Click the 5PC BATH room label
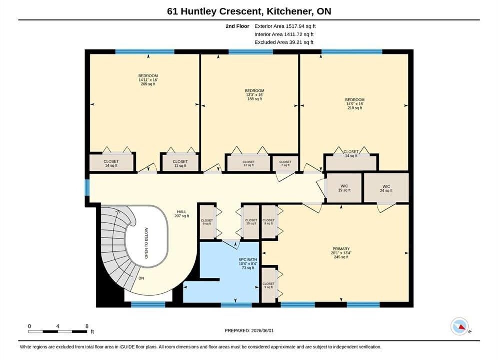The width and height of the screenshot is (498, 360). (248, 264)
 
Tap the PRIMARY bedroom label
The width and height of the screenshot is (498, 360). (341, 253)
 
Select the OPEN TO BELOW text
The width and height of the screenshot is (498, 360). (146, 243)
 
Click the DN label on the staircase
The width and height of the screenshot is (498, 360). (141, 278)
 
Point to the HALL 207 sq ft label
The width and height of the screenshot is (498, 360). (182, 214)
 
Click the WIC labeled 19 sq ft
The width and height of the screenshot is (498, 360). (344, 188)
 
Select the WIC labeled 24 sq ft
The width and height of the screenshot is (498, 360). (386, 188)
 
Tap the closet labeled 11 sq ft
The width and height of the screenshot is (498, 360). (180, 163)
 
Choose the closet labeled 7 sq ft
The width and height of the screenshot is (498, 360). (285, 163)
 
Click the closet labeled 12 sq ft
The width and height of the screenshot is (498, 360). (248, 163)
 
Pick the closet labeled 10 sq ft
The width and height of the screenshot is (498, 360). (251, 222)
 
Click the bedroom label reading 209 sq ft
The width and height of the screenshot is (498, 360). (148, 80)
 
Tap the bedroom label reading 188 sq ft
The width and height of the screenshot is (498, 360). (254, 95)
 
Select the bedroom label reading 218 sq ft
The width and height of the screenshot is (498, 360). (355, 104)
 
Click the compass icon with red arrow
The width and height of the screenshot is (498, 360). (460, 326)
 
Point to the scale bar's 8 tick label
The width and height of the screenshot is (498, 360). (87, 326)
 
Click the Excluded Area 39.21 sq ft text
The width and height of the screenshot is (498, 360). (284, 42)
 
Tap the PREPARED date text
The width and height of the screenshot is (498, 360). (249, 331)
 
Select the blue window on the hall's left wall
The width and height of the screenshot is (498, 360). (87, 187)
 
